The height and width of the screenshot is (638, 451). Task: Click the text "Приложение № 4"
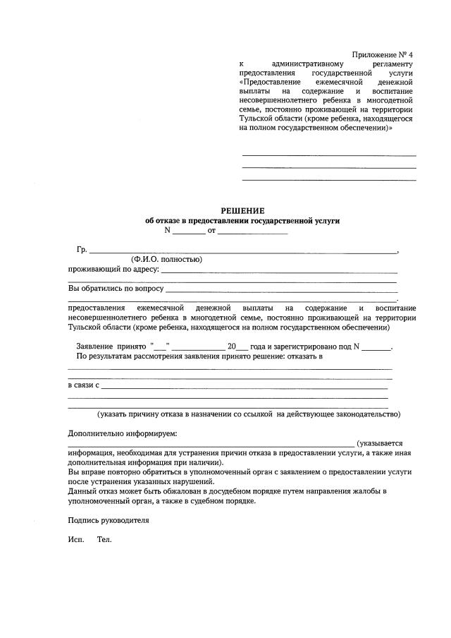point(383,55)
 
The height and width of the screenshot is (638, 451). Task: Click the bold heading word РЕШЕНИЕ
point(242,210)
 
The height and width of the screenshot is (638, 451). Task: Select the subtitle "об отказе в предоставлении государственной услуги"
point(242,220)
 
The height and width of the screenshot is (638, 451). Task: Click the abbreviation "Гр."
point(82,250)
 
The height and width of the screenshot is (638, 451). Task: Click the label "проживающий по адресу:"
point(113,269)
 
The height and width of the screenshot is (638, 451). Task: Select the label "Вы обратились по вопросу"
point(116,288)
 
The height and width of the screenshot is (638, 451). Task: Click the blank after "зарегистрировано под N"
point(376,347)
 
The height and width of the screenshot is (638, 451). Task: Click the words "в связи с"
point(83,386)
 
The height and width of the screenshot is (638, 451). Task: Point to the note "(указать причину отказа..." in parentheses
point(249,414)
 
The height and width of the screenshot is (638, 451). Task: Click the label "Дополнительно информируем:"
point(123,433)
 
